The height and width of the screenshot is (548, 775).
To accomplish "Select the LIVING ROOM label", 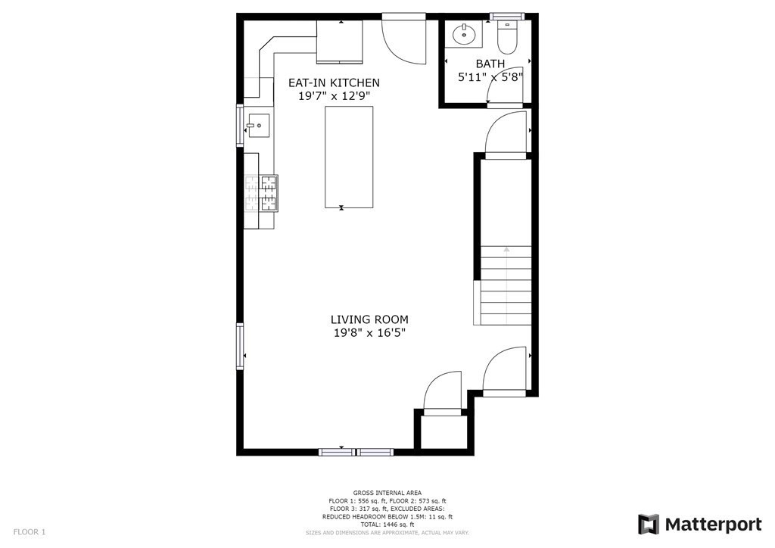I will [369, 319].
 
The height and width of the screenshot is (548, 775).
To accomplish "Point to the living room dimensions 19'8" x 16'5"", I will [369, 333].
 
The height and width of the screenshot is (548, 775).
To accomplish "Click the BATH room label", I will [490, 64].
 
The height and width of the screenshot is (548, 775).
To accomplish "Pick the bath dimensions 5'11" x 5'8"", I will [490, 77].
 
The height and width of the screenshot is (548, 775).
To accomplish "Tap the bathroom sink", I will [462, 34].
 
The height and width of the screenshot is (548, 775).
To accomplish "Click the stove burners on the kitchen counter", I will [261, 192].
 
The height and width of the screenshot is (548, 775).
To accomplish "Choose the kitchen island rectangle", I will [349, 157].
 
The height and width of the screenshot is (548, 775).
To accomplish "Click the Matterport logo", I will [699, 524].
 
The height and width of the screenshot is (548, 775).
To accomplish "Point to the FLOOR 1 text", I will [30, 532].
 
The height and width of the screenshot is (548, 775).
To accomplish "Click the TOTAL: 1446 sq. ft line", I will [387, 525].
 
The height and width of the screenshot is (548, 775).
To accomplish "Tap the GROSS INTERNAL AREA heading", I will [387, 493].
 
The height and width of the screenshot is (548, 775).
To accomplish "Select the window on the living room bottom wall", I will [356, 452].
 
